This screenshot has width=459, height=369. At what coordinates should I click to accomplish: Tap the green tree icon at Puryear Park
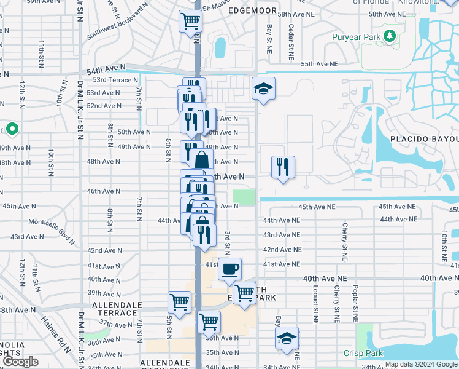click(389, 36)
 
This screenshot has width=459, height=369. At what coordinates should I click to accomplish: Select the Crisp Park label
click(363, 353)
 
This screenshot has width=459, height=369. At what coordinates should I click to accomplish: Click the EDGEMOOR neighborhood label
click(253, 11)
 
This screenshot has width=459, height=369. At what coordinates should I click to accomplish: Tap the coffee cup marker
click(229, 269)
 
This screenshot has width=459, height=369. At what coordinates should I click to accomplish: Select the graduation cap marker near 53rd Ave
click(263, 89)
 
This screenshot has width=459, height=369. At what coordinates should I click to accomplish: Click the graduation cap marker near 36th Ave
click(287, 338)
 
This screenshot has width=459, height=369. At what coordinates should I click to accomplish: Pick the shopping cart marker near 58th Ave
click(190, 22)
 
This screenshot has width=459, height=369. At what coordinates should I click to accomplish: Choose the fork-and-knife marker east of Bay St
click(283, 166)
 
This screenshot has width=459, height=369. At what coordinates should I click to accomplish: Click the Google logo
click(20, 362)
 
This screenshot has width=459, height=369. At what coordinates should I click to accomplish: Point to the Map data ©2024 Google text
click(420, 364)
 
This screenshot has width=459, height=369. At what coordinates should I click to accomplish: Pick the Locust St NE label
click(314, 312)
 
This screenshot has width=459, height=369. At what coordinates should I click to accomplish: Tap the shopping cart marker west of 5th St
click(179, 302)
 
